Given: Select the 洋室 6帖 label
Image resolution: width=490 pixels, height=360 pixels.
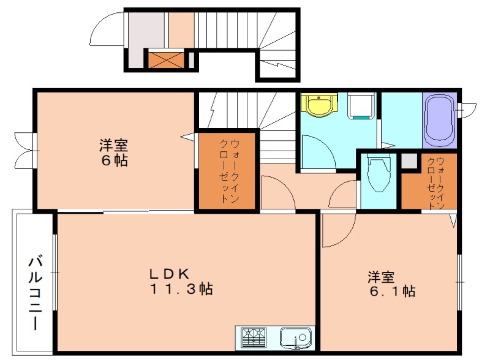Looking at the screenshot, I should (x=114, y=153).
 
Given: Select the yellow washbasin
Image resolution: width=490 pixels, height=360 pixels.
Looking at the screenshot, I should (x=320, y=105).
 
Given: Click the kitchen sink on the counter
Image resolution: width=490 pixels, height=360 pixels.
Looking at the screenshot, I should (x=295, y=337).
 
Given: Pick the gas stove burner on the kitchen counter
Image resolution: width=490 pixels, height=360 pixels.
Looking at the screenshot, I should (x=254, y=337).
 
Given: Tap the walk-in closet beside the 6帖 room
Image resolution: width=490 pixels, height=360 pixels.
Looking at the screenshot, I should (x=225, y=171).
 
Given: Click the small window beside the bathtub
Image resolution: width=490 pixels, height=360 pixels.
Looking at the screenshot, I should (x=467, y=110).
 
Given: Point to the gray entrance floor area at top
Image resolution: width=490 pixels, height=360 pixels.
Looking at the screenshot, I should (x=146, y=31).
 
